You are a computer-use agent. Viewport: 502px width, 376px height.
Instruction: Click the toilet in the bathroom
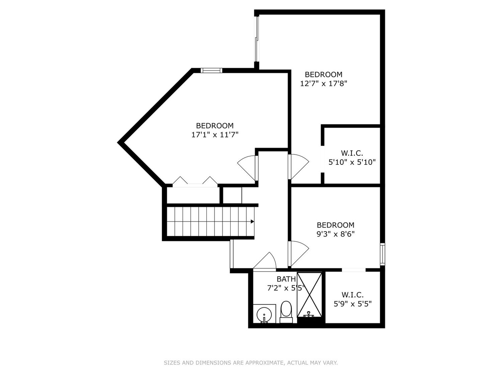286,311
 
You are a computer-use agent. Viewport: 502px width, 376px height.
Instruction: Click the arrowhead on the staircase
252,222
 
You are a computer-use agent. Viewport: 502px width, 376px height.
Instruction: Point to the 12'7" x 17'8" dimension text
323,84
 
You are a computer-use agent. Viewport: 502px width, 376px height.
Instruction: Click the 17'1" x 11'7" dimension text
215,135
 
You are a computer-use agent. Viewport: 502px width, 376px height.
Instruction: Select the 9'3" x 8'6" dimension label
336,234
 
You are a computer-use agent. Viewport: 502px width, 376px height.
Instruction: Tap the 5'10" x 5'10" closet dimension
352,162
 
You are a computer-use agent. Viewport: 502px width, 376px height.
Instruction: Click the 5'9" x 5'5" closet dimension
353,304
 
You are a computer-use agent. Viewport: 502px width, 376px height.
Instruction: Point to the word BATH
286,279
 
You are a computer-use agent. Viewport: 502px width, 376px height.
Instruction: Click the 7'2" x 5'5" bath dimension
286,288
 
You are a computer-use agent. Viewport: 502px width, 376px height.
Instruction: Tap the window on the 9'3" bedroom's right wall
383,254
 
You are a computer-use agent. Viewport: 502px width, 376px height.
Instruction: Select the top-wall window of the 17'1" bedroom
211,70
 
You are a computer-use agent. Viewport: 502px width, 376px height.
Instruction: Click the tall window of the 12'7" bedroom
257,39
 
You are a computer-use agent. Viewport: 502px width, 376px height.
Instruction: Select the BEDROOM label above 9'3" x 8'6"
336,225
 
